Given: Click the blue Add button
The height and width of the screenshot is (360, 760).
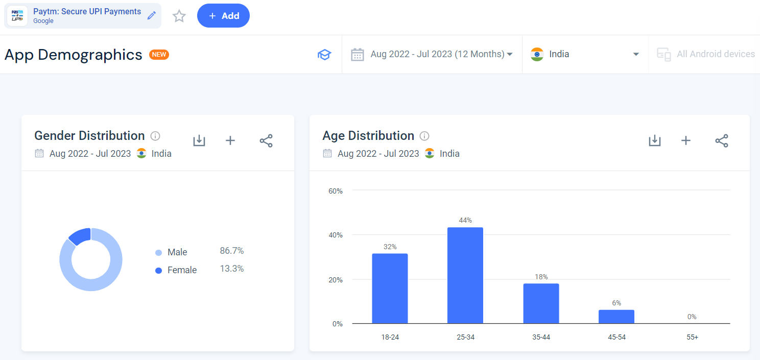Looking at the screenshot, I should click(223, 16).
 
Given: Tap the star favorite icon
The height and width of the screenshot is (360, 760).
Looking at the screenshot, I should click(179, 16).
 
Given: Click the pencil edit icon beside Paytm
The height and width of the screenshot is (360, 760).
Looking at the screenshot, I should click(151, 16).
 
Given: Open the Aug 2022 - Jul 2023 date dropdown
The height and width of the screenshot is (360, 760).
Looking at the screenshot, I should click(432, 54).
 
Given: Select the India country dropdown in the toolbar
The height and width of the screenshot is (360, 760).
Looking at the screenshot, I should click(585, 54).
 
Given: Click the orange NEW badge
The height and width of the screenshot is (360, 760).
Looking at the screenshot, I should click(159, 55).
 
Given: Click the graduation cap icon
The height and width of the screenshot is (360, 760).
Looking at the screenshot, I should click(324, 55).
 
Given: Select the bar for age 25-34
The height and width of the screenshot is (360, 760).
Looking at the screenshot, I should click(465, 275).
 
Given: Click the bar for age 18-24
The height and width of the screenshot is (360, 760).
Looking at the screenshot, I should click(390, 289).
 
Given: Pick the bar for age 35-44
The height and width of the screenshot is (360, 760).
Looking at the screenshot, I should click(541, 303).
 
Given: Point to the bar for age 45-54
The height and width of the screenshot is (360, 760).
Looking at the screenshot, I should click(616, 317).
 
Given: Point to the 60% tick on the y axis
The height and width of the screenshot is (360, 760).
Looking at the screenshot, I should click(335, 191).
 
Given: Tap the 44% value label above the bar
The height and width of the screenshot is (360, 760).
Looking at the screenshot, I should click(465, 220).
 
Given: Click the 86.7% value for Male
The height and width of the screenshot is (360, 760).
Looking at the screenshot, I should click(231, 251).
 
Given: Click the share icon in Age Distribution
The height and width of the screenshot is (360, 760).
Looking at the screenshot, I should click(721, 141).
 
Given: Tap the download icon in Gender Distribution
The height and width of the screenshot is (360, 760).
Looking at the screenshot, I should click(199, 141).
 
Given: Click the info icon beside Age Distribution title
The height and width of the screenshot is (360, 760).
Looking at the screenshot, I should click(424, 136).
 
